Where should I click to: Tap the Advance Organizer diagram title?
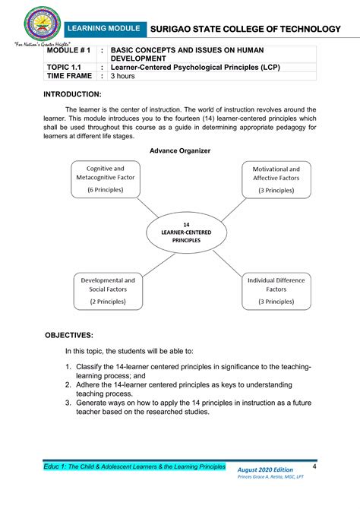[x=180, y=150]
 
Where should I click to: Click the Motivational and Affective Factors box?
[x=276, y=179]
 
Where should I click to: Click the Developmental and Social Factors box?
[x=108, y=290]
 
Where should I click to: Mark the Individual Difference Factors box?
[x=276, y=290]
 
